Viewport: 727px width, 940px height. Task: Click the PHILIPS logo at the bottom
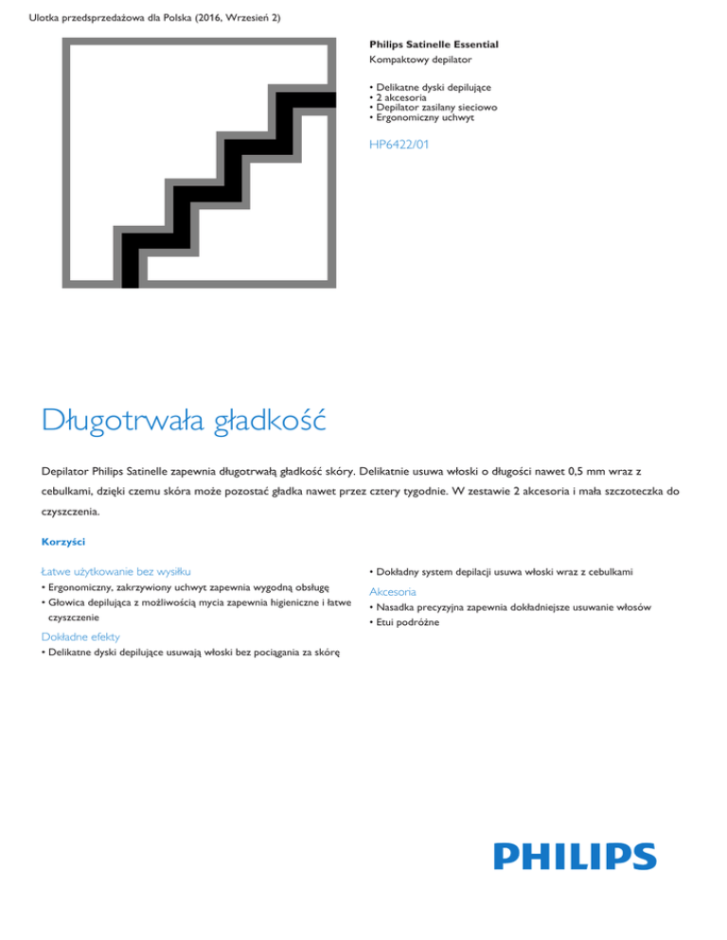(575, 855)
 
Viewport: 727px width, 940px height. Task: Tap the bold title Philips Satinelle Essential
(434, 44)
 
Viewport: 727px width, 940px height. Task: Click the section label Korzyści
(62, 543)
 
